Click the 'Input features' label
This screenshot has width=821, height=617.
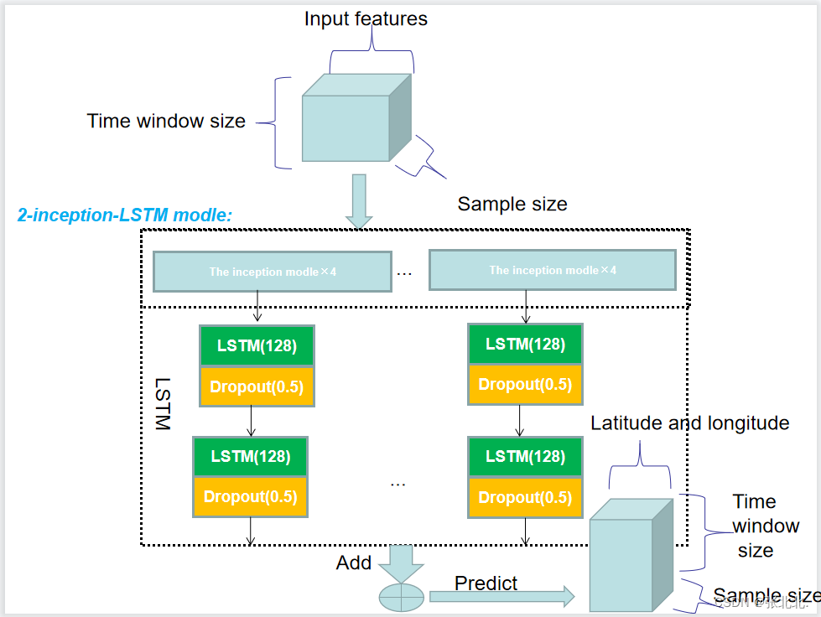366,18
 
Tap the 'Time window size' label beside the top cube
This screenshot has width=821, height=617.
166,121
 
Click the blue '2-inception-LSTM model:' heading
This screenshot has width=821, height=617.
125,215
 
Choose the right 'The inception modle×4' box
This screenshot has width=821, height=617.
552,270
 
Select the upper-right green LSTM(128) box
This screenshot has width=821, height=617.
525,345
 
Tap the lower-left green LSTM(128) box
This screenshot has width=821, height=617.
250,457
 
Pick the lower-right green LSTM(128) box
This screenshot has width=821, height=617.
525,457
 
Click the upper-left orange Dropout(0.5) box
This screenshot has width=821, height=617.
257,387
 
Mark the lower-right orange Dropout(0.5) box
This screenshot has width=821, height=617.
525,497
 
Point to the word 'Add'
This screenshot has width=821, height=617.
353,563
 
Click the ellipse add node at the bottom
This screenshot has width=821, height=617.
403,598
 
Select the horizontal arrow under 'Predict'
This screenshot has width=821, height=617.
501,596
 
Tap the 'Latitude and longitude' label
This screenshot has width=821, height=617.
689,423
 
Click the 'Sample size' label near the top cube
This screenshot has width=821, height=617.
512,204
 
